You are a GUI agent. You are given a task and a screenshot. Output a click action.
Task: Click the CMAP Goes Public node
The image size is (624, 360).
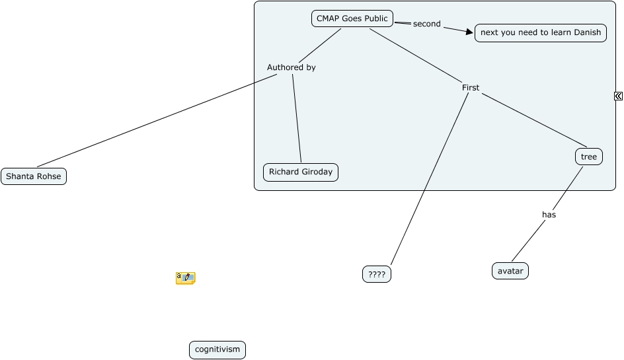[352, 18]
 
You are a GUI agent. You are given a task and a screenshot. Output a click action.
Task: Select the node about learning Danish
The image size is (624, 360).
[540, 32]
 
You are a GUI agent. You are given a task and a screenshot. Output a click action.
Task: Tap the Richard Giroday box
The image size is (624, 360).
[300, 172]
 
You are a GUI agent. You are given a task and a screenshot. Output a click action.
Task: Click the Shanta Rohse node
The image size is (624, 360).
[34, 176]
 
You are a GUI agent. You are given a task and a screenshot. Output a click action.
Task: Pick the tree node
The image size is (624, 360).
[588, 157]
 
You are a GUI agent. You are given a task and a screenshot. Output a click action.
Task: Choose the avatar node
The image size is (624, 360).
[510, 271]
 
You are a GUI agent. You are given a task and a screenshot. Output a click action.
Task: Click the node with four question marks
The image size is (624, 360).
[377, 274]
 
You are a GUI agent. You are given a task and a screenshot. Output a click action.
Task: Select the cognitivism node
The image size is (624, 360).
[217, 350]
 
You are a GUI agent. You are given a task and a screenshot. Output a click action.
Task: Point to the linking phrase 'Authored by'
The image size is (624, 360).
[291, 67]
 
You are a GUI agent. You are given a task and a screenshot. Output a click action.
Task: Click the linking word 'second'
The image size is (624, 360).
[426, 24]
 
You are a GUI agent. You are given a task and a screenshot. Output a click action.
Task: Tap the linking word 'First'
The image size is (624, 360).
[470, 87]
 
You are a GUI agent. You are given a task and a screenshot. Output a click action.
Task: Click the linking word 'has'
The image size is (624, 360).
[549, 214]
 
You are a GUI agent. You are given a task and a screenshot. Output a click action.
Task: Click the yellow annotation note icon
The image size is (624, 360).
[185, 278]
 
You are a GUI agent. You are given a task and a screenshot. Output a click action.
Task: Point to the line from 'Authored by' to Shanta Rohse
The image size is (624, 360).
[159, 120]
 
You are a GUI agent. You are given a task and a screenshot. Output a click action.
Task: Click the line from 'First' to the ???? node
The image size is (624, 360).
[430, 178]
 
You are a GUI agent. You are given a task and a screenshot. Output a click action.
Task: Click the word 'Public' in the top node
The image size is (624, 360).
[375, 18]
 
